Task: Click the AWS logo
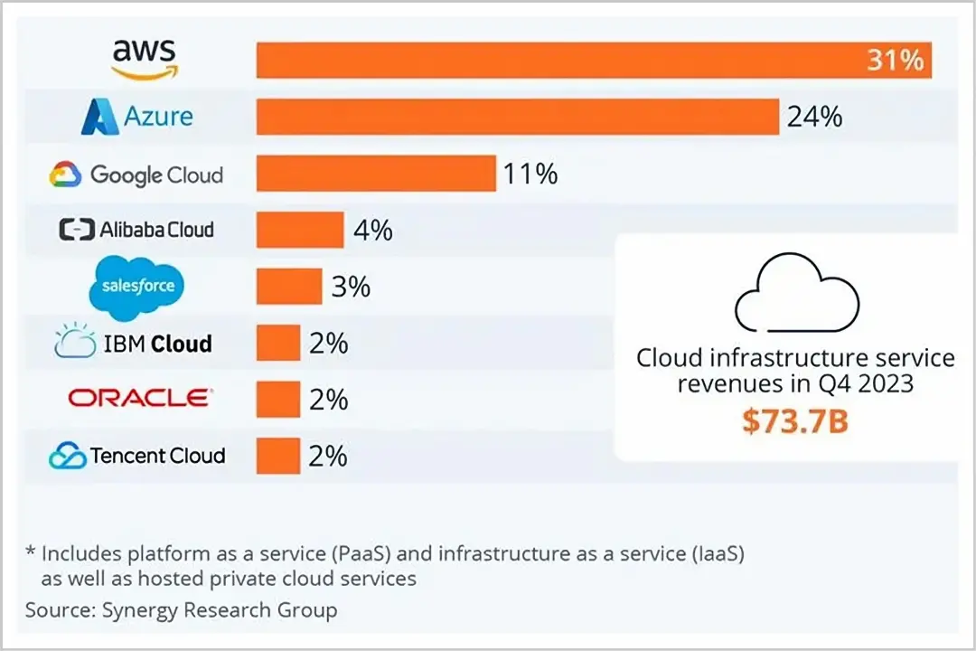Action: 145,60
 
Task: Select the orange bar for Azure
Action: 518,117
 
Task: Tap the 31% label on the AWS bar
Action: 895,61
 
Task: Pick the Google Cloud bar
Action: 376,173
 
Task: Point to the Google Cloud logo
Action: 136,175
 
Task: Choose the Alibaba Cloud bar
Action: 300,230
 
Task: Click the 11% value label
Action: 530,173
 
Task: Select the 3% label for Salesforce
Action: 350,287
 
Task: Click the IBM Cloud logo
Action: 134,343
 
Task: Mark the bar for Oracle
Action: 278,399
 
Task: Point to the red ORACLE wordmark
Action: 140,398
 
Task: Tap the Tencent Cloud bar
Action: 278,455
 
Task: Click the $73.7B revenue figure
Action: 795,420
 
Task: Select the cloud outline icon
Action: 796,291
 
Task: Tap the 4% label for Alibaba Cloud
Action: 373,230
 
